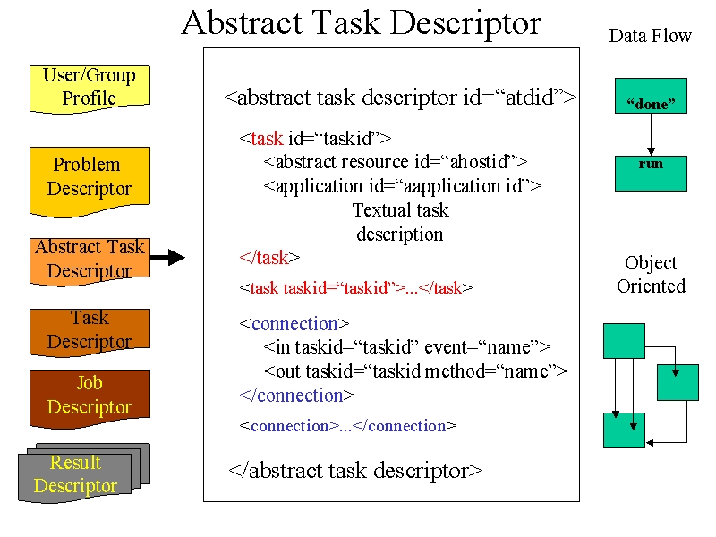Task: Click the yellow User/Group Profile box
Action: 89,89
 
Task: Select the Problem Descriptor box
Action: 89,182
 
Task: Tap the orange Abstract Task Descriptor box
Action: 89,261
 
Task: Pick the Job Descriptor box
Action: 89,398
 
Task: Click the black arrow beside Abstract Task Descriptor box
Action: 167,258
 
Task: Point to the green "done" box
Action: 651,96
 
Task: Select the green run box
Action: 651,174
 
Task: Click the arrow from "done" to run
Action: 652,134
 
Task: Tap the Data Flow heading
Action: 651,36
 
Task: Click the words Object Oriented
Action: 652,275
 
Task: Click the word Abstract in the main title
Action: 242,23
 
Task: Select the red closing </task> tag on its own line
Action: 269,258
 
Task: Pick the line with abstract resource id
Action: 396,162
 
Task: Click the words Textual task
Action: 400,210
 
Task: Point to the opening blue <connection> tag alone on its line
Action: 294,324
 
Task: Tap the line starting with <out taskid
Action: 415,371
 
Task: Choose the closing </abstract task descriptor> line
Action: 355,471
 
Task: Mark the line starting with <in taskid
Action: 407,347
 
